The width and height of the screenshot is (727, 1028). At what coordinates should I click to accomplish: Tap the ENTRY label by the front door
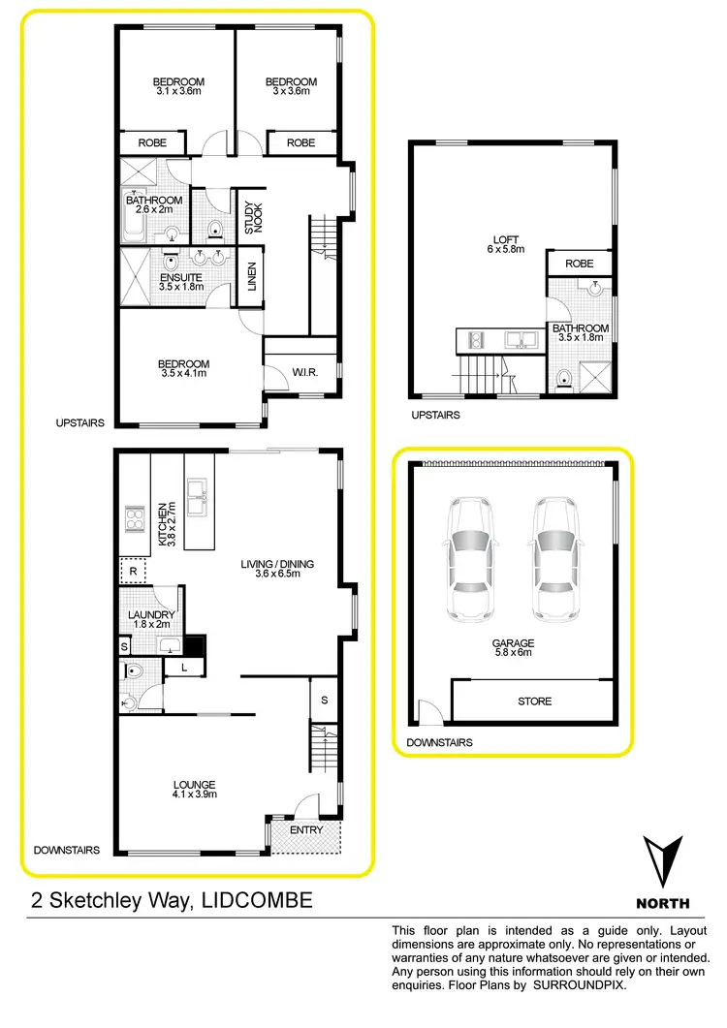[305, 830]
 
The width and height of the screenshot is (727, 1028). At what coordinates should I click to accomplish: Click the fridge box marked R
[132, 573]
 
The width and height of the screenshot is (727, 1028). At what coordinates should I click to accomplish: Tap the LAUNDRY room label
[151, 619]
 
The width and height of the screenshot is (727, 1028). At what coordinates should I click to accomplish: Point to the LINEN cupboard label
[251, 277]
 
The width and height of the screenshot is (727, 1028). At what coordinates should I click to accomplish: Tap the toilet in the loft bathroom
[565, 377]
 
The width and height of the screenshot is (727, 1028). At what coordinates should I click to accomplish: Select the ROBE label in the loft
[579, 263]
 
